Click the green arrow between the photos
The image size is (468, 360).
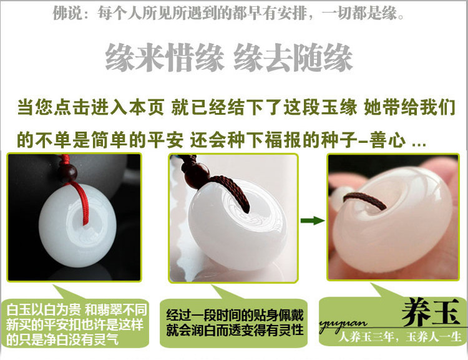[x=313, y=221]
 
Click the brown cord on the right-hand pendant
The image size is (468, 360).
[x=365, y=201]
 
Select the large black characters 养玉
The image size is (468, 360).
[x=430, y=313]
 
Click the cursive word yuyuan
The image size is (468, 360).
[x=343, y=325]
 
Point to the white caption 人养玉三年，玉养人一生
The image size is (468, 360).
[x=400, y=337]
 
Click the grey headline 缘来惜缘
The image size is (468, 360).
[x=165, y=57]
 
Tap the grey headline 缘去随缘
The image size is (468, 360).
[x=293, y=57]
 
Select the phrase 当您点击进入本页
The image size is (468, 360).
[x=90, y=107]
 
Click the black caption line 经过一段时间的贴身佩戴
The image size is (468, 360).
[x=235, y=315]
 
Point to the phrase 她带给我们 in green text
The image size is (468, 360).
[x=409, y=107]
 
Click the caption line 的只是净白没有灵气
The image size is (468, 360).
[x=62, y=339]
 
